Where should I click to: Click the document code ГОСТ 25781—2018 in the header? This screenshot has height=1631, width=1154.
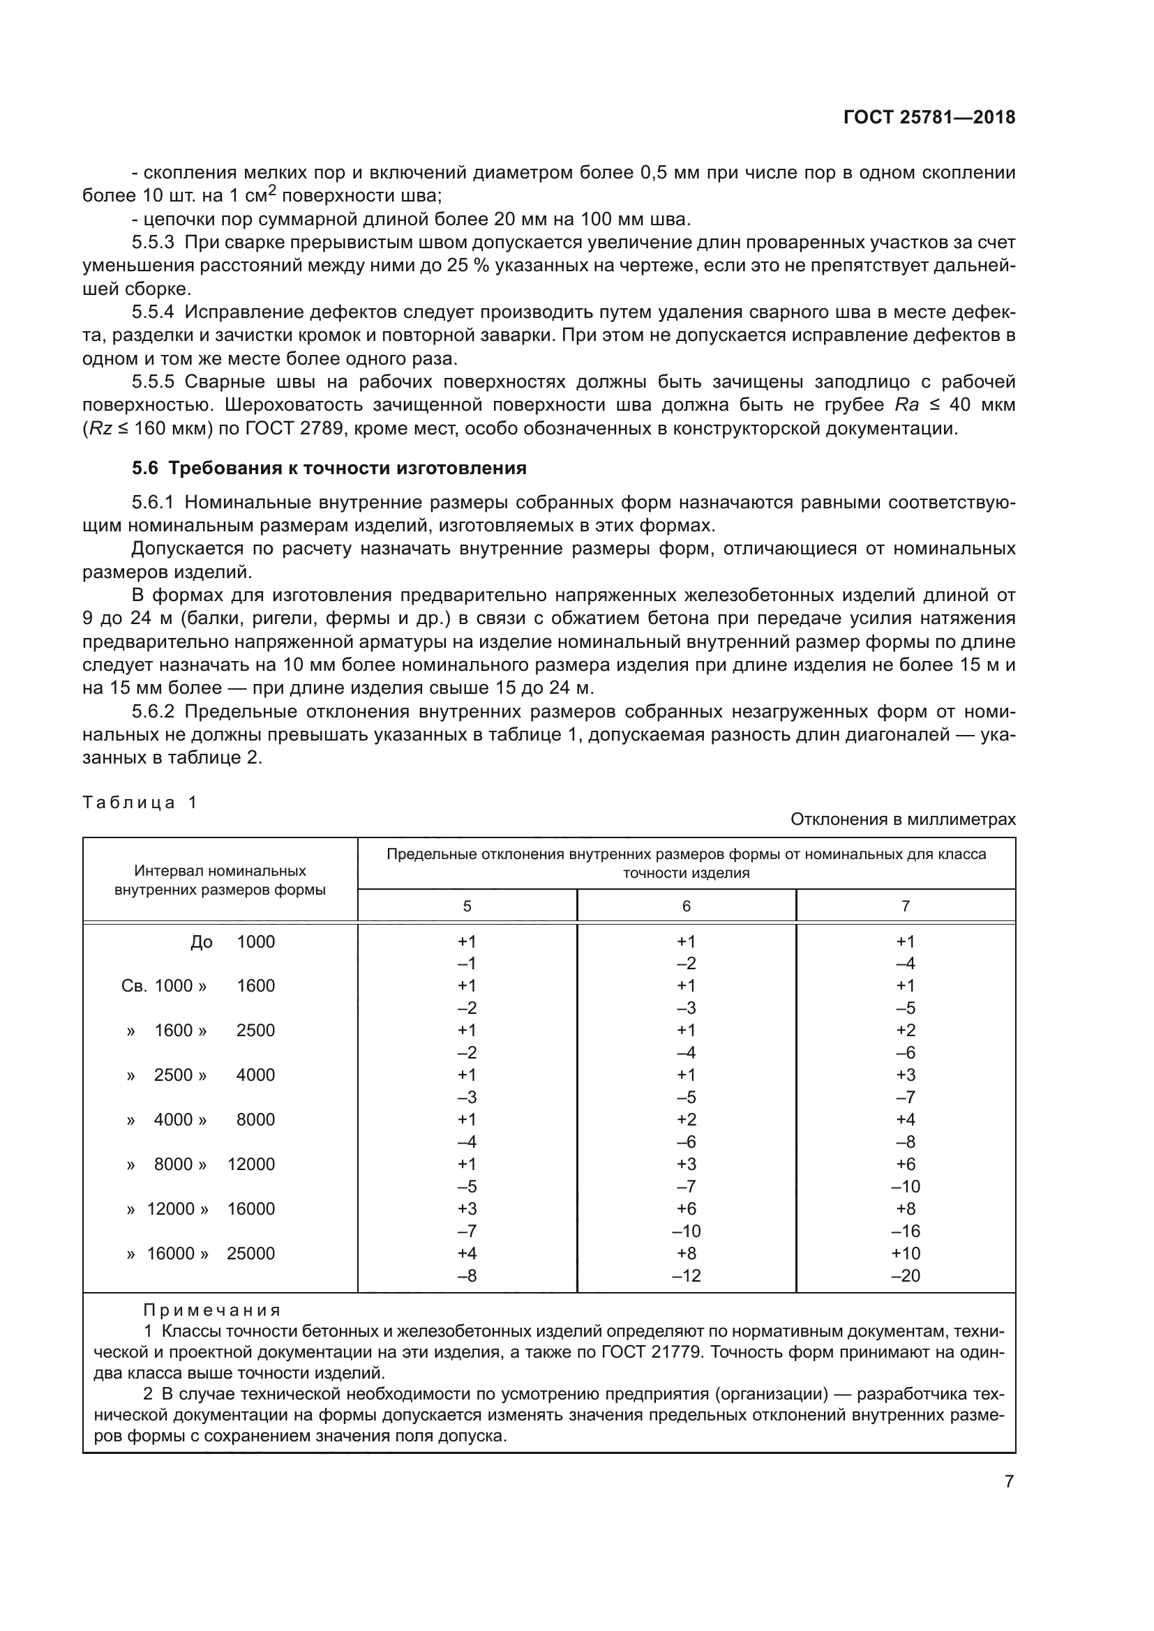[929, 118]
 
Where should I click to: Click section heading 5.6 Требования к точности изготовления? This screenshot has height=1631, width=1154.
[329, 468]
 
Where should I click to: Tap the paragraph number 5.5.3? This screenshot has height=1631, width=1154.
[153, 242]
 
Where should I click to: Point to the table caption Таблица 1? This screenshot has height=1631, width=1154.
[140, 803]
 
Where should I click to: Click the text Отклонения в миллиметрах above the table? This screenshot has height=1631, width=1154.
[902, 819]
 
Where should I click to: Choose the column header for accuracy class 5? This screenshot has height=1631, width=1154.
[467, 906]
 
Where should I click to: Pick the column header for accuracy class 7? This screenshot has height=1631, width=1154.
[906, 906]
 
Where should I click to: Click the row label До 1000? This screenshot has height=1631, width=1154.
[232, 942]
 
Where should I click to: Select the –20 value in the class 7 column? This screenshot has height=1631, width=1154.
[906, 1276]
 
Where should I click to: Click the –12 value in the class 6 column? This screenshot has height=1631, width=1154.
[686, 1276]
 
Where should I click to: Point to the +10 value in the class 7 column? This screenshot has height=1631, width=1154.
[906, 1253]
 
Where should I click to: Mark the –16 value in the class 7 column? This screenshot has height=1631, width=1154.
[906, 1231]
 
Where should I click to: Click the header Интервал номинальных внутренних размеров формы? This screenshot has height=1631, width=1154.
[220, 880]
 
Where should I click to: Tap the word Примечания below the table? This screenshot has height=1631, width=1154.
[212, 1310]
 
